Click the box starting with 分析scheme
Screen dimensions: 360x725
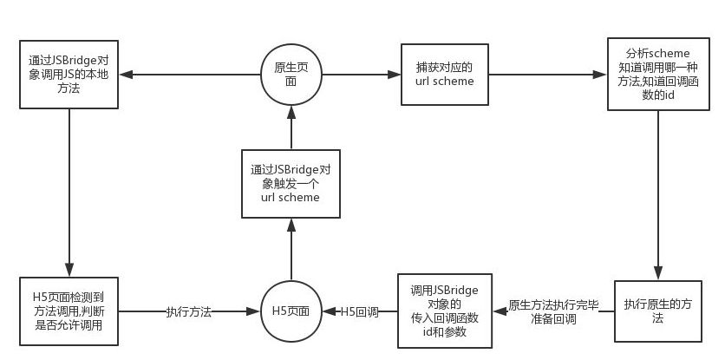[656, 75]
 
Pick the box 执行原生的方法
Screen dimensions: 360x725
[656, 311]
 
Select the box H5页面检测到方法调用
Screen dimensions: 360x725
[67, 311]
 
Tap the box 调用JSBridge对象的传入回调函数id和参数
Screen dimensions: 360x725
[445, 311]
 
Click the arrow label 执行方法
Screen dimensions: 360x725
[189, 311]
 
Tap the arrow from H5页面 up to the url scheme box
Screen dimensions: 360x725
[291, 252]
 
